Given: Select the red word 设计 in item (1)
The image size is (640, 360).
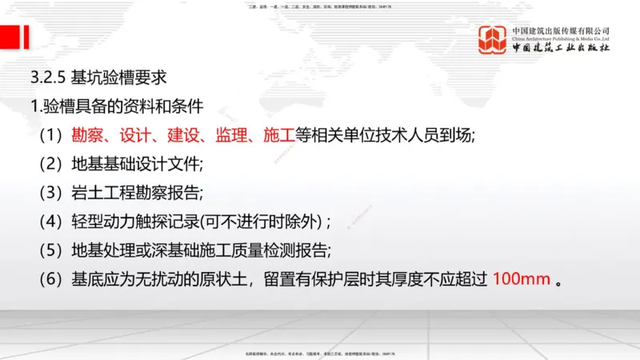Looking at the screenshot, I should point(138,135).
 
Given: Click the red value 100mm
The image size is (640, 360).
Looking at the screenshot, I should point(520,280).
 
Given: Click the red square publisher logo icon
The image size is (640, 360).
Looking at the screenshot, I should point(493,41).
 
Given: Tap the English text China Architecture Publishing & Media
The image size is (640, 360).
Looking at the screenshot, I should point(561,38).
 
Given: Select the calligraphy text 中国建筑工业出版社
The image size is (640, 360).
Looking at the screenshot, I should point(561,48).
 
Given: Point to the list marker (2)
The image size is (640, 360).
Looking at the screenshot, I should point(50,165).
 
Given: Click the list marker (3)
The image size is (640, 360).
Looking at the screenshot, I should point(50,193).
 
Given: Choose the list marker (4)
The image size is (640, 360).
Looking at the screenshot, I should point(50,222).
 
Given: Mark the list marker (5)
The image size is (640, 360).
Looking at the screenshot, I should point(50,250).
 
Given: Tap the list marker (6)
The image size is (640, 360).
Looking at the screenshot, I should point(50,280).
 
